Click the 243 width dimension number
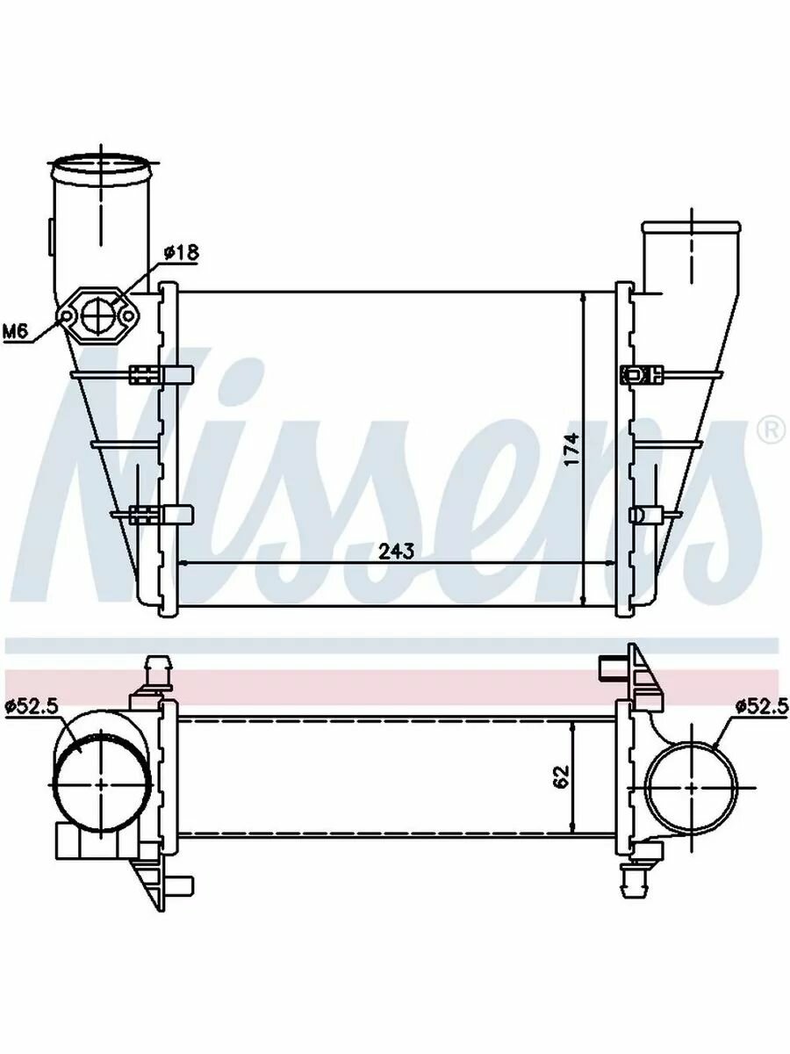click(396, 552)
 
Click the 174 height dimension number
click(572, 449)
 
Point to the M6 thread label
click(15, 331)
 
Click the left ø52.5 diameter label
click(32, 706)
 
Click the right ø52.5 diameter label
click(762, 706)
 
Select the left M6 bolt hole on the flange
click(66, 315)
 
